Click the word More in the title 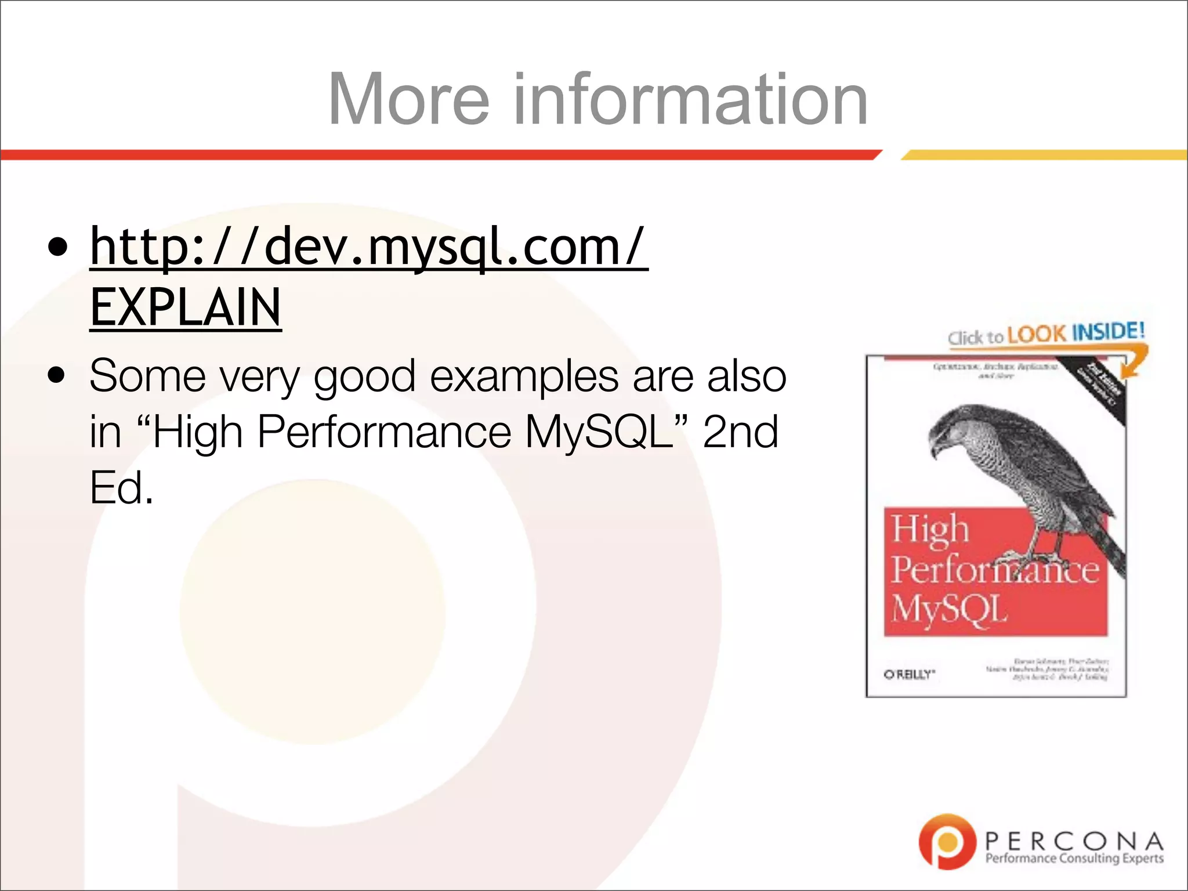(409, 100)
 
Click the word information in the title (690, 100)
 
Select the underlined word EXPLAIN (186, 307)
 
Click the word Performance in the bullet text (383, 432)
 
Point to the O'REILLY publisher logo (909, 674)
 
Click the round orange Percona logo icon (947, 842)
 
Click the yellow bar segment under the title (1044, 155)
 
